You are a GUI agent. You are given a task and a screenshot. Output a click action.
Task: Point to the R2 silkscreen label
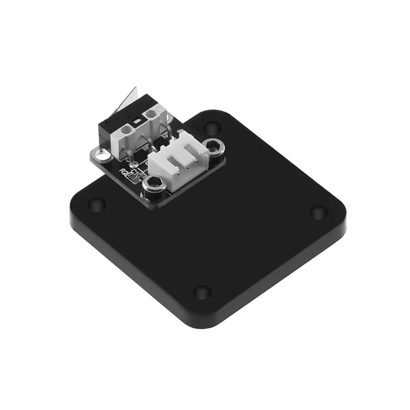(x=123, y=172)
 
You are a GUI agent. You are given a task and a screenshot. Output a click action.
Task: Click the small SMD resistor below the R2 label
(x=132, y=178)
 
